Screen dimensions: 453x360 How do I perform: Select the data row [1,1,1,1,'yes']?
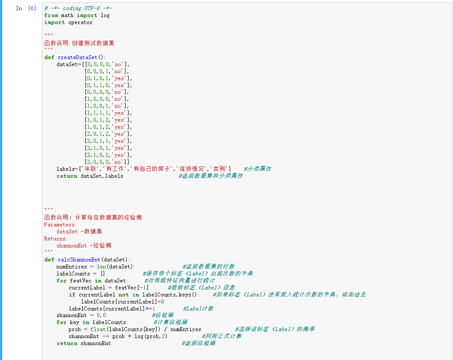point(108,113)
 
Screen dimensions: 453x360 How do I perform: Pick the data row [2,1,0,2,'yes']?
point(108,155)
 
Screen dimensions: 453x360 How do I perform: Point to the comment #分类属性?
point(257,169)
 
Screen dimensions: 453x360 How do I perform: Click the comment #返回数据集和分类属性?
point(211,176)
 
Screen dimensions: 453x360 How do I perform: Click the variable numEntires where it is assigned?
point(72,267)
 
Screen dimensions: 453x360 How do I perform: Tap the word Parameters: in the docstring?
point(60,225)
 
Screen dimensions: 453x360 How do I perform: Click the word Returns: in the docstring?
point(56,239)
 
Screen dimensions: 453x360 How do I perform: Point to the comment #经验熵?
point(162,315)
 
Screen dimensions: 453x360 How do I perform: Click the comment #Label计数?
point(198,308)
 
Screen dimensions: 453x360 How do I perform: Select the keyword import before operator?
point(54,22)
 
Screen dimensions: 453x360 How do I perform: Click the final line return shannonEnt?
point(84,343)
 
